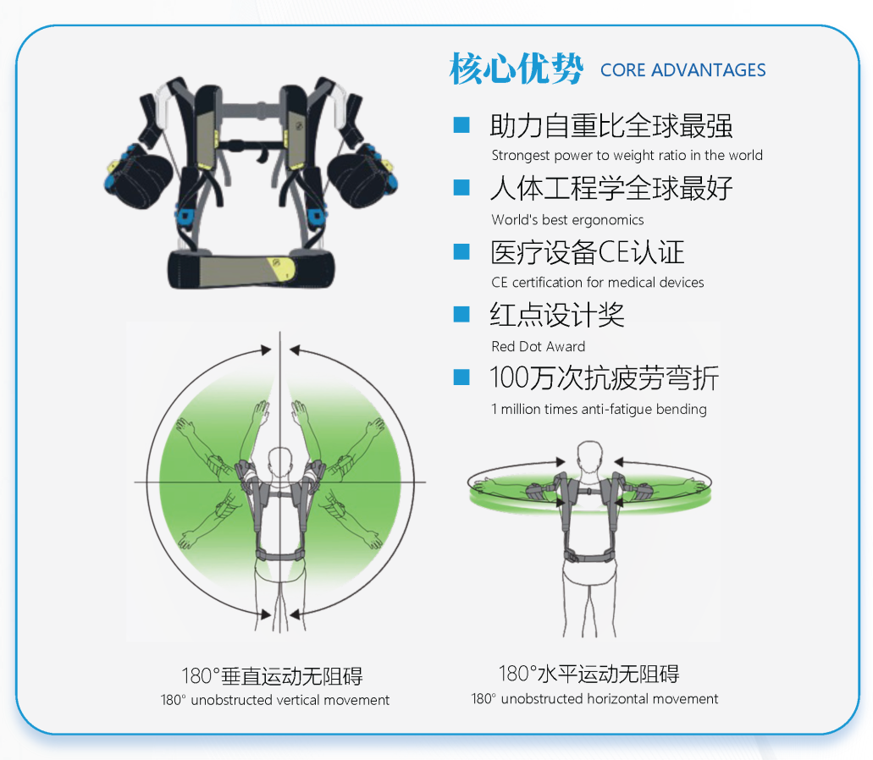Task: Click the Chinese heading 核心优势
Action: (517, 69)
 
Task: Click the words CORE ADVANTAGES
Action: (682, 70)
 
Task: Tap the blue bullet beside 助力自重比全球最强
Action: (461, 124)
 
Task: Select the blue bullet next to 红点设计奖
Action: (461, 314)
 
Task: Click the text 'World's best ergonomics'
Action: (567, 220)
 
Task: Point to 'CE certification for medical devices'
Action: (598, 282)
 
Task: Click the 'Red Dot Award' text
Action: (538, 346)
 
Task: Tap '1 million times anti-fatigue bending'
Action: (599, 409)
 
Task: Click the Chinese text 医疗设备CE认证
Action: (587, 252)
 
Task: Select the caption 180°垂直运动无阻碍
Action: (273, 676)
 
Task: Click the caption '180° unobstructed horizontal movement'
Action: (594, 699)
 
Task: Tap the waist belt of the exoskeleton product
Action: (251, 270)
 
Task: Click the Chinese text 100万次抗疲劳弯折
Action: (604, 377)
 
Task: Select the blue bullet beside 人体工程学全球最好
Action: (461, 188)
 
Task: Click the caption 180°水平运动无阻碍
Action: (588, 674)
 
